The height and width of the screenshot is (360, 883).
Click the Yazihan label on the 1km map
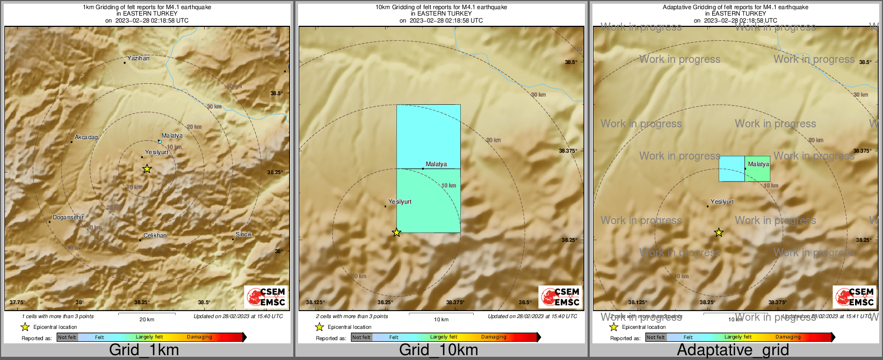138,58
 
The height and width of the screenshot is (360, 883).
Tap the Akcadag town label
86,138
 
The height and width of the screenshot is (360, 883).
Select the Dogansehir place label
68,217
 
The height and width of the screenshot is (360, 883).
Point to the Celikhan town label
155,235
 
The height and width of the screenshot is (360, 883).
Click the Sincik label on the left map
244,234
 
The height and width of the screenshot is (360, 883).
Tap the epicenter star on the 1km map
147,169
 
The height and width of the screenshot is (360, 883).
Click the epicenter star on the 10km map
396,233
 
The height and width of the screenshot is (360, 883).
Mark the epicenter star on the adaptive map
719,233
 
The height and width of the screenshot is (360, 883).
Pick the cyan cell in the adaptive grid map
732,169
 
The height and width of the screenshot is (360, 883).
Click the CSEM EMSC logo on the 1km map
265,297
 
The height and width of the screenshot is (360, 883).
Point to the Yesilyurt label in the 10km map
400,201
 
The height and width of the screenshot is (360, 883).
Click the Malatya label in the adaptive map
758,164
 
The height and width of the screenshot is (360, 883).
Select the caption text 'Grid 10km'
438,350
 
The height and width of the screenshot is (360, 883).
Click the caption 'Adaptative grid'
733,350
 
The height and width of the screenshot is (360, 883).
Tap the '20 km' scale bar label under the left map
147,319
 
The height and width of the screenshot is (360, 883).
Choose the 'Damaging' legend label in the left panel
199,337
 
